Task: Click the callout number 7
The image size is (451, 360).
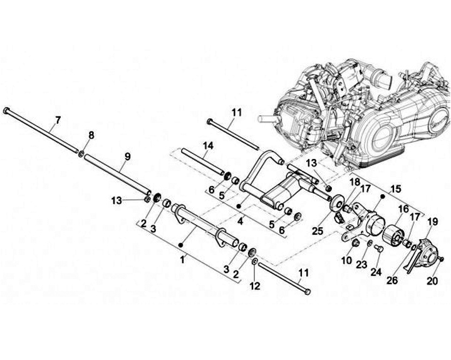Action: (x=58, y=120)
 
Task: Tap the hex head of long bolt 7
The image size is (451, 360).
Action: (x=7, y=111)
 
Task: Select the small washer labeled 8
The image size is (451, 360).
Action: (x=81, y=154)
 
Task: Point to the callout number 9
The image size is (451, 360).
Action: (x=127, y=157)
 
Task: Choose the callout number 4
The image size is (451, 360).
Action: (x=241, y=221)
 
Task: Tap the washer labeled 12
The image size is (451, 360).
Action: (x=255, y=262)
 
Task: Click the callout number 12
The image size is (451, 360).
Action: (x=255, y=286)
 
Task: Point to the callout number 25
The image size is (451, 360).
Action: (x=318, y=231)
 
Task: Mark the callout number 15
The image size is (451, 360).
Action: (x=395, y=189)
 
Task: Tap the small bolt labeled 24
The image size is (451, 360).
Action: (x=378, y=249)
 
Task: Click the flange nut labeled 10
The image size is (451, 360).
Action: (x=355, y=244)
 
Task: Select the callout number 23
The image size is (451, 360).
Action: (x=361, y=264)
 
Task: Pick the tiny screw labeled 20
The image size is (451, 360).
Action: (x=441, y=259)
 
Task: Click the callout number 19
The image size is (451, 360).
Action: (x=433, y=222)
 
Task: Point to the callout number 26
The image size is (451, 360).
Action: (x=392, y=280)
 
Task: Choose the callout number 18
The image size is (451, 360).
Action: (x=355, y=182)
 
